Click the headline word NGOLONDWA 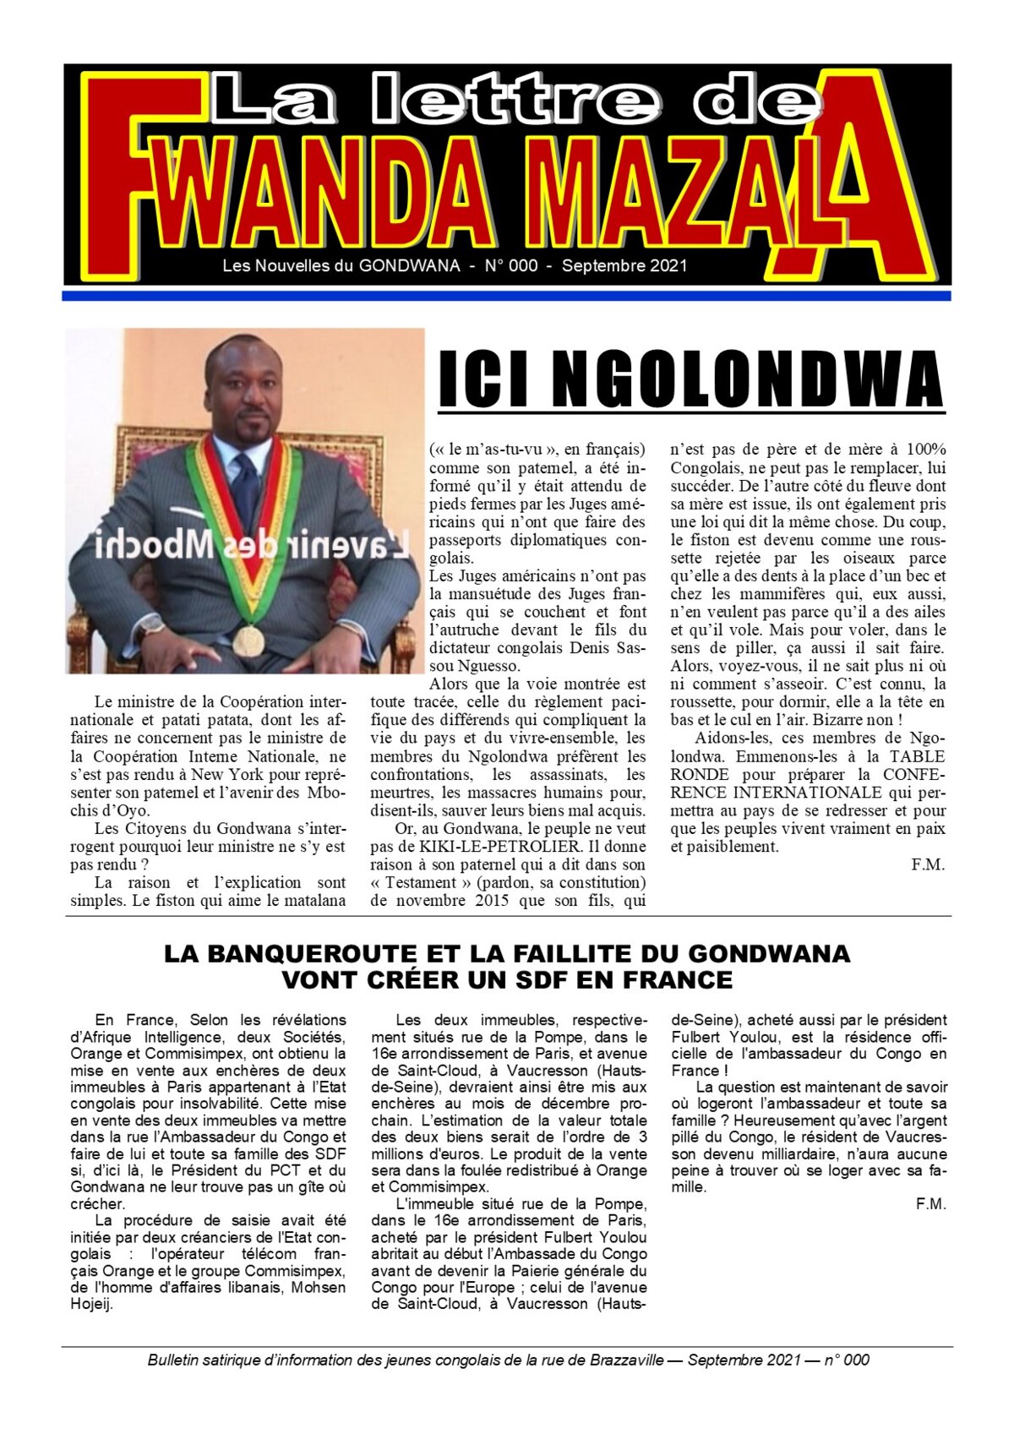click(748, 379)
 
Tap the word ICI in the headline click(482, 379)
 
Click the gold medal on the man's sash click(248, 640)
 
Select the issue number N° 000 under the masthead click(510, 266)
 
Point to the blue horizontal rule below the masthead click(507, 296)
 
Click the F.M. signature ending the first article click(927, 864)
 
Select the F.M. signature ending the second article click(930, 1204)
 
